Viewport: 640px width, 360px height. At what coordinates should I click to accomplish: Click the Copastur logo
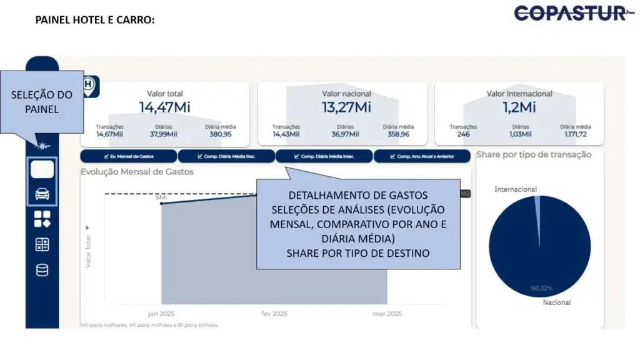click(574, 13)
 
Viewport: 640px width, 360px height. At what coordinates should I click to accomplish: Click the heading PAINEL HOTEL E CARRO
click(94, 20)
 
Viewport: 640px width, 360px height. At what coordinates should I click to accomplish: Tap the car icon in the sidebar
click(42, 194)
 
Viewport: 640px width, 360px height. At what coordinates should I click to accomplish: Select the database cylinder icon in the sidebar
click(42, 271)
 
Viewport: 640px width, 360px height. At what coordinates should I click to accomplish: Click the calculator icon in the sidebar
click(42, 245)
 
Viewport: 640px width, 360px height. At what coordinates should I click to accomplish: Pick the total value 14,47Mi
click(164, 107)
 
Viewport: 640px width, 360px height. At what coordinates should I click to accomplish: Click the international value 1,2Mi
click(519, 107)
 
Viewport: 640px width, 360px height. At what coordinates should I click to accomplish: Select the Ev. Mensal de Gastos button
click(129, 156)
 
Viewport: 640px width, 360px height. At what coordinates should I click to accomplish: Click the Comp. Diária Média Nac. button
click(226, 156)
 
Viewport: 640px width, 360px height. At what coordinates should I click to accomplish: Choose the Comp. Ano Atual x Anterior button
click(422, 156)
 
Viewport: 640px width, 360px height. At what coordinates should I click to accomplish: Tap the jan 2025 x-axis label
click(161, 314)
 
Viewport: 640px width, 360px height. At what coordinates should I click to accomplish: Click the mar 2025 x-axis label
click(388, 314)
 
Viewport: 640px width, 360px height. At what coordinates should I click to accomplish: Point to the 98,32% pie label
click(541, 288)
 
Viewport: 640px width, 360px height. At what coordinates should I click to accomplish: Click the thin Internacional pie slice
click(537, 212)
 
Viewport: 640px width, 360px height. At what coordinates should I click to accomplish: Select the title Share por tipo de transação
click(533, 154)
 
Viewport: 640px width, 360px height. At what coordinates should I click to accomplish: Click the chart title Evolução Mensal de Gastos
click(137, 171)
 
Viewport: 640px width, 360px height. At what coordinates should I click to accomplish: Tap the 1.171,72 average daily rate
click(575, 134)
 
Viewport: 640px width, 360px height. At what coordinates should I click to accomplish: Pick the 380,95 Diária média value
click(221, 134)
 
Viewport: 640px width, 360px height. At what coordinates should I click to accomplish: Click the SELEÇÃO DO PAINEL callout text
click(42, 102)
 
